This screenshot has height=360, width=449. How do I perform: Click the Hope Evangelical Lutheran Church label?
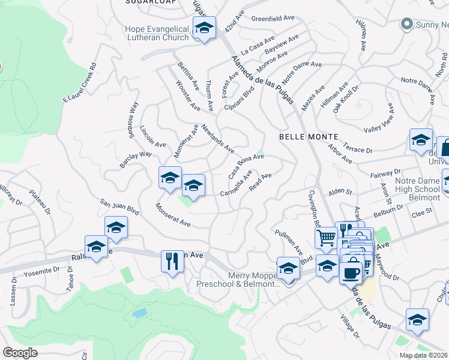(x=156, y=32)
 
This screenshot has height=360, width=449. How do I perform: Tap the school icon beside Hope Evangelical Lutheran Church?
(x=204, y=28)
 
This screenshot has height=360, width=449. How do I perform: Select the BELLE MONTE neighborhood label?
(x=309, y=137)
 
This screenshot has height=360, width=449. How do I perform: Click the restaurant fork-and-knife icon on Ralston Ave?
(x=172, y=261)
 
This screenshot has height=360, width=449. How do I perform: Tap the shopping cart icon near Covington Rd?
(x=325, y=237)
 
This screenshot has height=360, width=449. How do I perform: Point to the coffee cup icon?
(x=351, y=271)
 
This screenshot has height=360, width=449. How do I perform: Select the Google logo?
(x=20, y=352)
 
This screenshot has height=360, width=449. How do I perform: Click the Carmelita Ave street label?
(x=236, y=184)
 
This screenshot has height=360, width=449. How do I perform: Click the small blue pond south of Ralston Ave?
(x=140, y=313)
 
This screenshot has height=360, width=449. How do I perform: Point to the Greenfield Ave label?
(x=273, y=19)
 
